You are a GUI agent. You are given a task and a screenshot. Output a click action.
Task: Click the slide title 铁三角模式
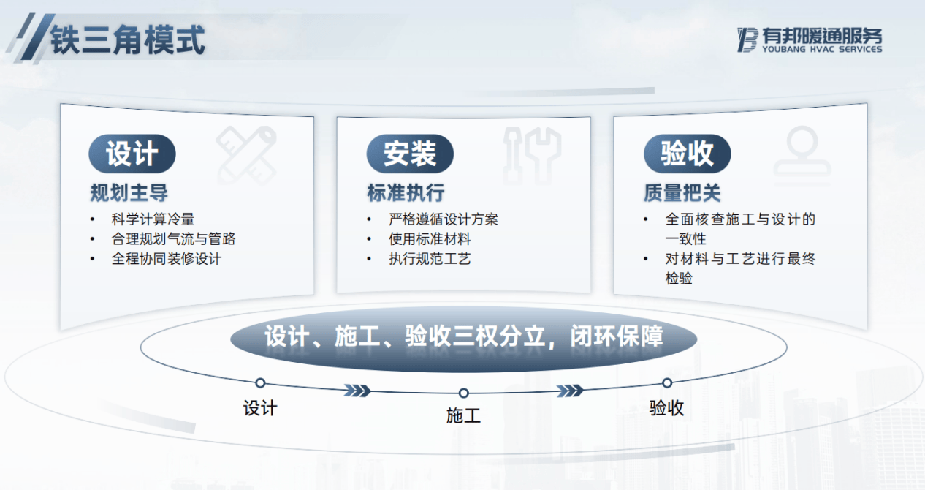(128, 39)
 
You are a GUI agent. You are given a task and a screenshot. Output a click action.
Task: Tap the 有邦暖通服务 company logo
(810, 40)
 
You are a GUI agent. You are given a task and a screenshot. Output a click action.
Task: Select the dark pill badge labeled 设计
(132, 154)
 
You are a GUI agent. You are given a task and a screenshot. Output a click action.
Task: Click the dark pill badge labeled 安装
(410, 154)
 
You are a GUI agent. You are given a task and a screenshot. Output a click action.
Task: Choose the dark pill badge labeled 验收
(687, 154)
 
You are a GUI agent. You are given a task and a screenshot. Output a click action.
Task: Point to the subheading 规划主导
(129, 192)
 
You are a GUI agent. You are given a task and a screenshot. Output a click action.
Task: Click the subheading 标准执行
(406, 192)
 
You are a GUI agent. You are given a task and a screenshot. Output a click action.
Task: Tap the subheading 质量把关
(682, 192)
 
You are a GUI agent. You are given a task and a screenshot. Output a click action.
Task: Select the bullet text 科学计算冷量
(153, 219)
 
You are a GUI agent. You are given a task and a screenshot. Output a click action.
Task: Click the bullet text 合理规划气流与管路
(173, 238)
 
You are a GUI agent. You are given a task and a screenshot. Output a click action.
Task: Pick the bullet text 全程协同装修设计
(167, 258)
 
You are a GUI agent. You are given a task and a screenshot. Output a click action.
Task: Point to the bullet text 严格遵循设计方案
(444, 219)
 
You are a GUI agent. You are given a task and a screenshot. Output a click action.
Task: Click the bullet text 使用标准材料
(430, 238)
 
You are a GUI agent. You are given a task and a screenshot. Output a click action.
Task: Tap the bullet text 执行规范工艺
(430, 258)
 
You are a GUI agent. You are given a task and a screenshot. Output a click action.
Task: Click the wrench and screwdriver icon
(533, 156)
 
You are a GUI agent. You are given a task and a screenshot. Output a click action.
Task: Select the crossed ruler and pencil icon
(246, 156)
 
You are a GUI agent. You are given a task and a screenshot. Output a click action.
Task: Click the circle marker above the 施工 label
(464, 393)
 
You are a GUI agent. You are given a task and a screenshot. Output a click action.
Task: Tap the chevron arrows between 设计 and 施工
(357, 391)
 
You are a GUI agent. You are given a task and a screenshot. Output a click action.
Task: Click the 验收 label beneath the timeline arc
(666, 407)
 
